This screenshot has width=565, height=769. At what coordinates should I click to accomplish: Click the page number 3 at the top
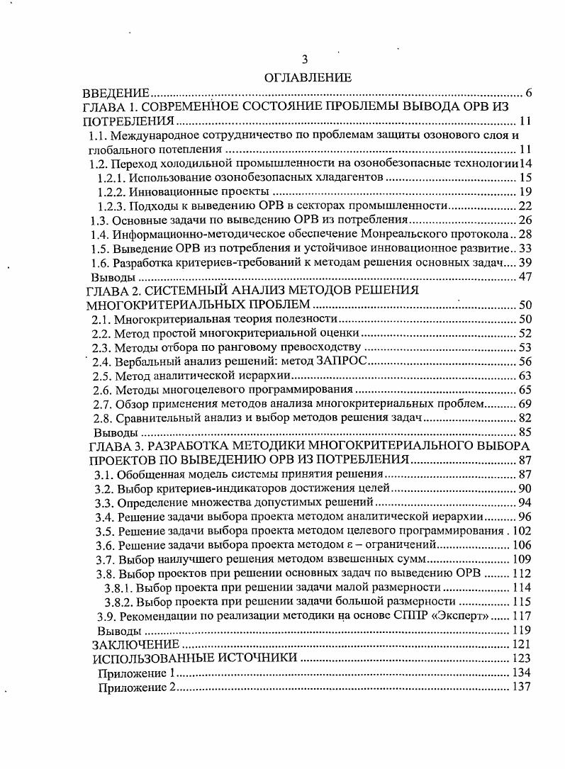[x=306, y=60]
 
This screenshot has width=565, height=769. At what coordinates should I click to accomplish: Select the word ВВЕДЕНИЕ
[x=116, y=93]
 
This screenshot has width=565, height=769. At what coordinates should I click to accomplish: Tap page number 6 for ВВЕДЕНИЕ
[x=529, y=93]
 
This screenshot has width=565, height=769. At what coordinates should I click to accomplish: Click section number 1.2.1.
[x=113, y=177]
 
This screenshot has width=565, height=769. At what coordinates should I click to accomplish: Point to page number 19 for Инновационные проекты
[x=525, y=191]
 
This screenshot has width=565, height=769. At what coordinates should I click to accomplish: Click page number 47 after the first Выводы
[x=525, y=276]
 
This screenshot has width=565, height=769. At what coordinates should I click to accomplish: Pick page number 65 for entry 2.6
[x=525, y=390]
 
